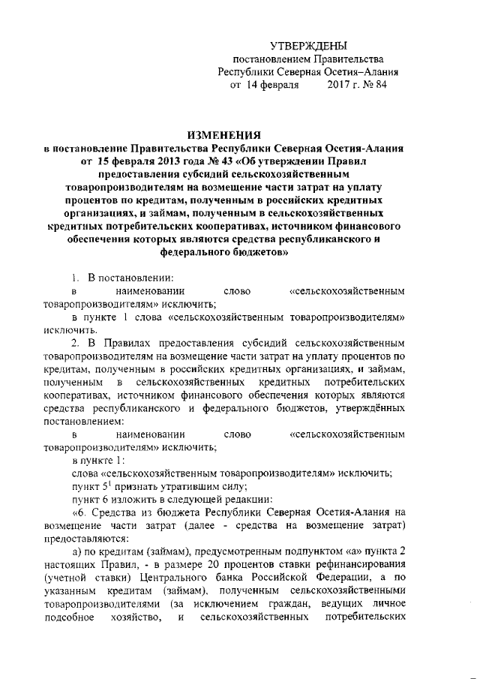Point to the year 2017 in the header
[x=335, y=86]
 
